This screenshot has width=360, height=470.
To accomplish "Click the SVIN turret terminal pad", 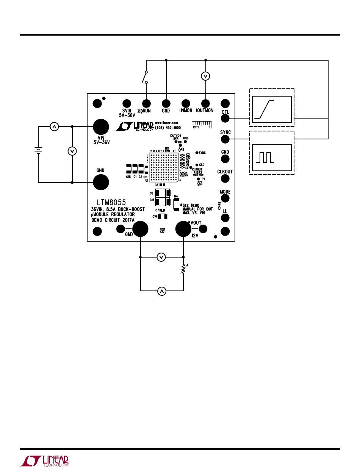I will tap(127, 103).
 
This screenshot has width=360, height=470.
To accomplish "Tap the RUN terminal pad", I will tap(146, 103).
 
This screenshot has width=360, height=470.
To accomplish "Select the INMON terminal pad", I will tap(186, 103).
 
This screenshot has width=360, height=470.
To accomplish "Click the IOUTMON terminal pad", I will tap(205, 103).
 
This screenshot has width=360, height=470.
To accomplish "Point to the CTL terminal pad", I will tap(225, 118).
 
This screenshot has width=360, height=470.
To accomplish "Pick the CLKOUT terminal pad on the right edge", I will tap(225, 179).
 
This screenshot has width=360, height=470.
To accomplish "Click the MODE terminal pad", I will tap(225, 198).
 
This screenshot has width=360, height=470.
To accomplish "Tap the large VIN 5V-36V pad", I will tap(101, 127).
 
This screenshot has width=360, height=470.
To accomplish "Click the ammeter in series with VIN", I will tap(54, 127).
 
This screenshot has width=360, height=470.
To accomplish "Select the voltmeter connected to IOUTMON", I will tap(205, 77).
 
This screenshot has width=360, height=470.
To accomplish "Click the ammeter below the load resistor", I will tap(162, 291).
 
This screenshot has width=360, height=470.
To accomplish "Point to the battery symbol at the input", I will tap(38, 150).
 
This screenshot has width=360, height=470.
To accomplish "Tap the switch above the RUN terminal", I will tap(145, 77).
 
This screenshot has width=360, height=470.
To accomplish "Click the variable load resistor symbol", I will tap(183, 269).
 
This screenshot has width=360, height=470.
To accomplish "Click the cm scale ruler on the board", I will tap(201, 125).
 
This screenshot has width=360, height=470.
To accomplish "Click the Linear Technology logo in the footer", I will tap(45, 460).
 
